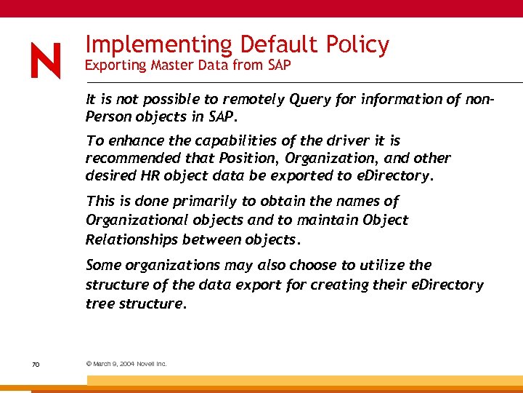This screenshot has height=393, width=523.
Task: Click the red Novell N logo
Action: click(46, 60)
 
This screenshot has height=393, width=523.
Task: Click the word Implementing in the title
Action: click(158, 45)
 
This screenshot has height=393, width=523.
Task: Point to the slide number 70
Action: click(36, 363)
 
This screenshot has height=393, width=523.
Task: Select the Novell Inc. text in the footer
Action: click(152, 363)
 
